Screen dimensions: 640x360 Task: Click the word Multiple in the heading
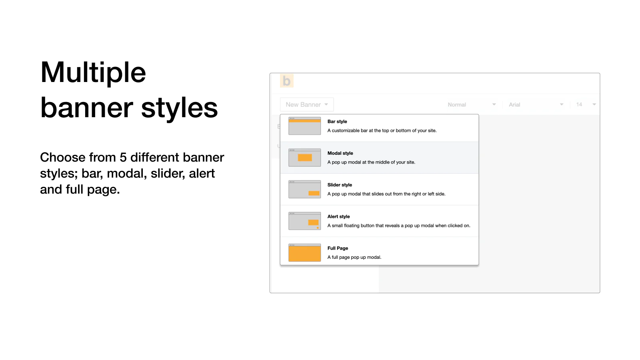[x=93, y=72]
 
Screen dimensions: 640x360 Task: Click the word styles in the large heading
[x=180, y=108]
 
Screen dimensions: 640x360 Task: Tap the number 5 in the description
[x=123, y=157]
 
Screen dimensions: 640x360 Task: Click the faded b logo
[x=286, y=81]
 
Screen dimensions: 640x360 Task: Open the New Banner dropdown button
[x=307, y=104]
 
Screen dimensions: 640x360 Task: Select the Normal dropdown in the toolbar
[x=472, y=104]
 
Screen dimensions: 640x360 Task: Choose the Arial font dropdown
[x=536, y=104]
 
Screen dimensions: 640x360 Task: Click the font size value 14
[x=579, y=104]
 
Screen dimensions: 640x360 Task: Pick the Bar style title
[x=337, y=122]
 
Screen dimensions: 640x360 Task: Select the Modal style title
[x=340, y=153]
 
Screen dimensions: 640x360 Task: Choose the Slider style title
[x=340, y=185]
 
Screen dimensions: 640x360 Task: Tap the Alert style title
[x=338, y=216]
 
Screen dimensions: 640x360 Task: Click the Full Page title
[x=338, y=248]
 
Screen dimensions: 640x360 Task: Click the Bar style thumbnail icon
[x=304, y=126]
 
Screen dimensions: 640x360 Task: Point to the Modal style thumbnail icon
[x=304, y=158]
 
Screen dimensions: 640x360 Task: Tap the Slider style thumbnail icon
[x=304, y=189]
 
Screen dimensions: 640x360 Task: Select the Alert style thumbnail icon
[x=304, y=221]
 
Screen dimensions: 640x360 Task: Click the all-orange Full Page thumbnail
[x=304, y=252]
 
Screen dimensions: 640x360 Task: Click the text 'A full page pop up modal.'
[x=354, y=257]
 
